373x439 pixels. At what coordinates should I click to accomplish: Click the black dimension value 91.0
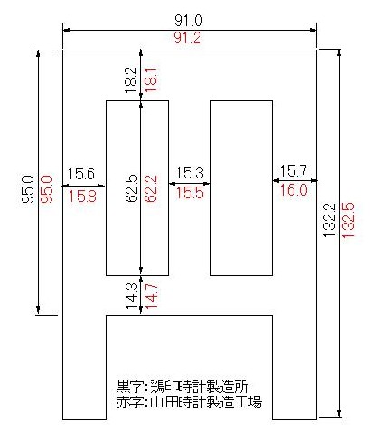click(x=189, y=21)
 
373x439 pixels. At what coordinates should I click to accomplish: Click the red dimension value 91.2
click(x=187, y=38)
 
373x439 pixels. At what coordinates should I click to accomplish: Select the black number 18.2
click(x=131, y=79)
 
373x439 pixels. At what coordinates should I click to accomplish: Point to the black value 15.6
click(x=80, y=174)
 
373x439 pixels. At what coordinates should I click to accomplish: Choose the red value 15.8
click(x=82, y=197)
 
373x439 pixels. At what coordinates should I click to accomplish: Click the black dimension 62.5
click(x=131, y=188)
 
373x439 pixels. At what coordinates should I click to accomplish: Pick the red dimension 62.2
click(x=150, y=188)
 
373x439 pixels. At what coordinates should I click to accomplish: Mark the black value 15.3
click(x=190, y=173)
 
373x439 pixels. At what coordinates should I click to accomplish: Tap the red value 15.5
click(x=190, y=192)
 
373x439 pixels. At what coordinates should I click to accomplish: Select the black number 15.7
click(x=294, y=171)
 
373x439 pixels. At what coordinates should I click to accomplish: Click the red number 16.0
click(x=294, y=190)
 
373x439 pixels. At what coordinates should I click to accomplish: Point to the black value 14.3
click(x=131, y=296)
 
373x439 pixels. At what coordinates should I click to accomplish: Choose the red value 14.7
click(x=151, y=296)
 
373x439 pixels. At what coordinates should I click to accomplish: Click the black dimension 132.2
click(x=330, y=220)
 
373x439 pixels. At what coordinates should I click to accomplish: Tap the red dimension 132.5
click(x=348, y=220)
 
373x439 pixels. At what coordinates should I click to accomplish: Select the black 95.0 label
click(x=28, y=189)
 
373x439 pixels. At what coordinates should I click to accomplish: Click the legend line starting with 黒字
click(x=182, y=387)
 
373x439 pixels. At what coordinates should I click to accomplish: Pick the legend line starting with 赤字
click(x=189, y=402)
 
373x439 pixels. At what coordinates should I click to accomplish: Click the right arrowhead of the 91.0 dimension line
click(x=313, y=30)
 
